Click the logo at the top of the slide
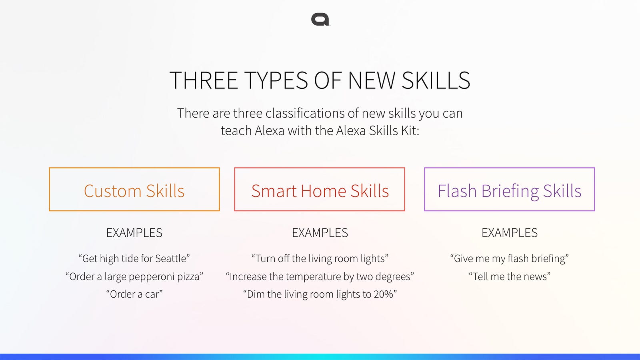coord(320,20)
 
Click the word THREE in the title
coord(204,80)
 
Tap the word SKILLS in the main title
coord(436,80)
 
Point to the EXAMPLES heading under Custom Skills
coord(134,233)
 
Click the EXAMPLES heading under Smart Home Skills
coord(320,233)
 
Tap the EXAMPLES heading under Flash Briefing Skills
coord(510,233)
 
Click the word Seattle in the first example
coord(170,258)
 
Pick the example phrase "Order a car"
coord(134,294)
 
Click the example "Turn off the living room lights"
coord(320,258)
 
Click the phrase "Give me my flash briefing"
coord(510,258)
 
